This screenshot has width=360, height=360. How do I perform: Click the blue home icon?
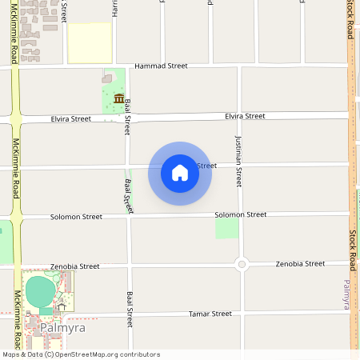180,173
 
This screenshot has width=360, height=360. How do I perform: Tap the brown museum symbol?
118,98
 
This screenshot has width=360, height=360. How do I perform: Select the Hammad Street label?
161,66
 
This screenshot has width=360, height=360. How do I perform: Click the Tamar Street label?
210,314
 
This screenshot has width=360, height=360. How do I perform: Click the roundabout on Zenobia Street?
242,264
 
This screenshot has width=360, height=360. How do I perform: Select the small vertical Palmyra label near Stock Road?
346,294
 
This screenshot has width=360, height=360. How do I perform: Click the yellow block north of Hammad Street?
90,42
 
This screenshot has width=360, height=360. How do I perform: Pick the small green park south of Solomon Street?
227,228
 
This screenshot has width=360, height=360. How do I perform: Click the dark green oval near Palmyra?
38,291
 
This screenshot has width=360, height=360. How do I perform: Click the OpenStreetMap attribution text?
81,354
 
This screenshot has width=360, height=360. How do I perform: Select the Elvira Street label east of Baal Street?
245,116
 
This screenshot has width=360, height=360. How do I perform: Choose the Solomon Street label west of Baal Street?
76,217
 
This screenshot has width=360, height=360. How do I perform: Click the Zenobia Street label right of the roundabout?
300,263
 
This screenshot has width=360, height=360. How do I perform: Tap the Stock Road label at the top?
350,20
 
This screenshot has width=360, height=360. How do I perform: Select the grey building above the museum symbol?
106,78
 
